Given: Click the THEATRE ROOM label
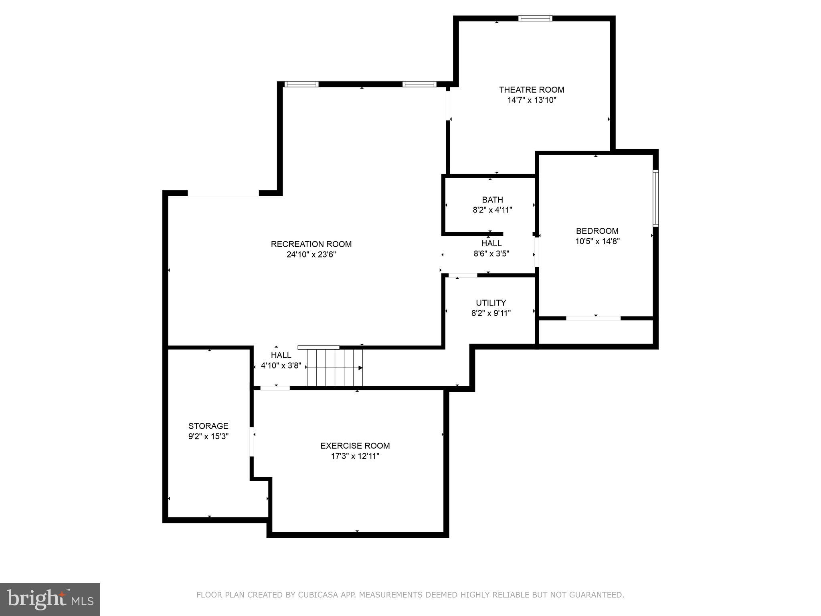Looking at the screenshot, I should click(531, 90).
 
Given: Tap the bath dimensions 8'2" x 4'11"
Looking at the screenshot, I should click(492, 210).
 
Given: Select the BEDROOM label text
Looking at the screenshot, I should click(597, 231).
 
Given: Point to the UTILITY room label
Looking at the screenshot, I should click(491, 303).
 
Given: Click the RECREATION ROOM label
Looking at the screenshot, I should click(311, 244).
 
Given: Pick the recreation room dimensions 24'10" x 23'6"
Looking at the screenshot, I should click(311, 255).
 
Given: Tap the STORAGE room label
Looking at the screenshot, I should click(208, 426).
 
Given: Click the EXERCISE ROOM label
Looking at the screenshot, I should click(355, 446).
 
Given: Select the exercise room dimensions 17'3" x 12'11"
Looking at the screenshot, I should click(355, 456).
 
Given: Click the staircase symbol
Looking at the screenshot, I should click(335, 367).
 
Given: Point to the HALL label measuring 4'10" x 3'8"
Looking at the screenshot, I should click(281, 355).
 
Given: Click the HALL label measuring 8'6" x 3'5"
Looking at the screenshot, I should click(491, 243).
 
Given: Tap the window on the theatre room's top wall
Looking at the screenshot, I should click(535, 18).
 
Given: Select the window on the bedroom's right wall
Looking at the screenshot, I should click(655, 198).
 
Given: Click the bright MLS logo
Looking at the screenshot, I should click(50, 599).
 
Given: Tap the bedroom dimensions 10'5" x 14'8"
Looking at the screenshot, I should click(597, 241).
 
